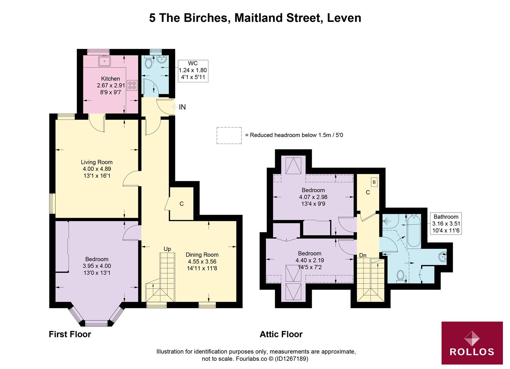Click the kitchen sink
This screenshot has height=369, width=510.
point(104,61)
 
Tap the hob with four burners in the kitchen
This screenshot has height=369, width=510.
point(132,85)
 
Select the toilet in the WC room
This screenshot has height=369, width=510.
point(148,63)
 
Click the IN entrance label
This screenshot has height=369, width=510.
point(182,107)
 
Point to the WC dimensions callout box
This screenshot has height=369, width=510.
point(193,70)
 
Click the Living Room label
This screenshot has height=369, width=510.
point(97,162)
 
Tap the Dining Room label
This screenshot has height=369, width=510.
point(202,255)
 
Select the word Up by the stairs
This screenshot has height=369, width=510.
point(167,249)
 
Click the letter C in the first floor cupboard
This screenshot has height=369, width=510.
point(181,204)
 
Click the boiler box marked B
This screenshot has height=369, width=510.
point(374,182)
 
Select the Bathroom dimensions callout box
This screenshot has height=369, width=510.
point(446,223)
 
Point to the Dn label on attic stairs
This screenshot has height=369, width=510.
point(363,255)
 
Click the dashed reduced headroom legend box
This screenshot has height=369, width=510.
point(229,135)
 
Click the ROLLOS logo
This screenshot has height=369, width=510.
point(472,343)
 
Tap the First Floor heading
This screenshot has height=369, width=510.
point(70,334)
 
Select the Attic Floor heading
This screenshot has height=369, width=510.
point(281,334)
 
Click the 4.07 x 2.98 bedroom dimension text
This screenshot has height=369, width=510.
point(313,197)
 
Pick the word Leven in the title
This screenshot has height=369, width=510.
point(344,18)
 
